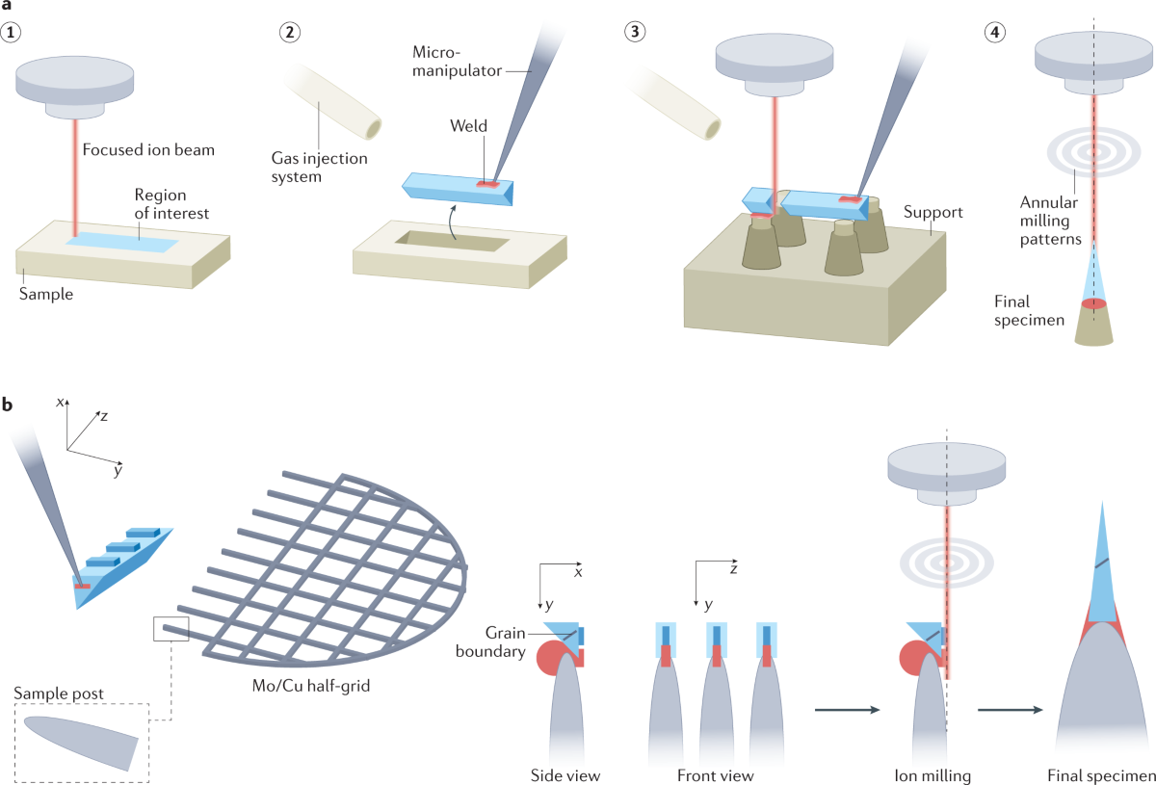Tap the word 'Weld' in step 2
(x=469, y=126)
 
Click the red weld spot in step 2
(x=489, y=182)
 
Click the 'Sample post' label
(x=61, y=693)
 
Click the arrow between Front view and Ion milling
(x=848, y=711)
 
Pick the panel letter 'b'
(x=8, y=405)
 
